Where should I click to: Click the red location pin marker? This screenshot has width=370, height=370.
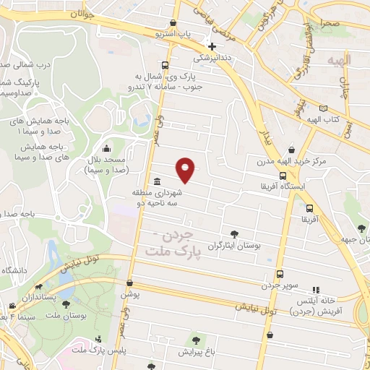(186, 170)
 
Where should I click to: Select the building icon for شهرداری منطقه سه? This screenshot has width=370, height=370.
(157, 182)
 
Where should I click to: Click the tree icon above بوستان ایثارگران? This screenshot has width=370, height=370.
(233, 233)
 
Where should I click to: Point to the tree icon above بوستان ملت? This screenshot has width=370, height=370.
(66, 306)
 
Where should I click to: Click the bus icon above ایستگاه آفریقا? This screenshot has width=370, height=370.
(282, 175)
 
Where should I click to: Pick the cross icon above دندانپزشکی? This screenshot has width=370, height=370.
(212, 46)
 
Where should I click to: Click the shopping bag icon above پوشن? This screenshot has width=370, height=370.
(129, 284)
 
